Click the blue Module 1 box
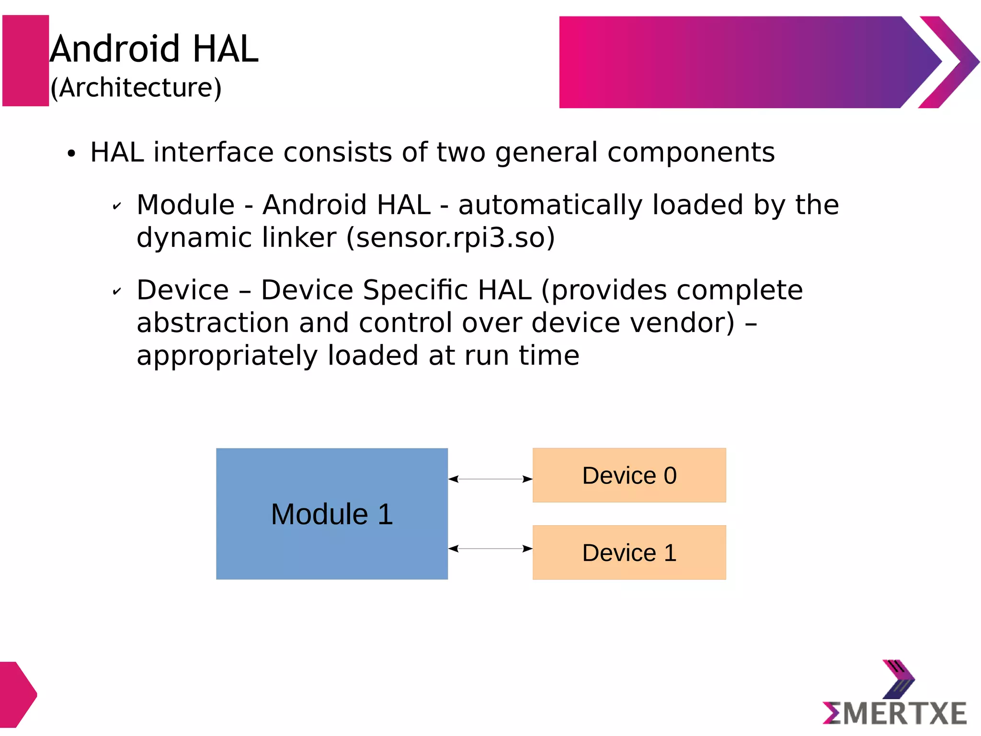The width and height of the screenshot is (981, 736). tap(331, 514)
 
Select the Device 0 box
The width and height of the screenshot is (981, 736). tap(629, 475)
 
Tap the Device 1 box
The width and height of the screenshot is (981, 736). tap(629, 552)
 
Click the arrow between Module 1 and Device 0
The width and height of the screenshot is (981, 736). tap(490, 479)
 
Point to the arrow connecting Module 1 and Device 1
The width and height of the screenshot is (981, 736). tap(490, 549)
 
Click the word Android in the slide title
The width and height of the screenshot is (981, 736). tap(115, 49)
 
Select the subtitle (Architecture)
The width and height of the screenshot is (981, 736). tap(136, 88)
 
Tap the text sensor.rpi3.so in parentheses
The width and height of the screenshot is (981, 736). tap(451, 238)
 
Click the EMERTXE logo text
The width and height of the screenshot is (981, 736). tap(895, 713)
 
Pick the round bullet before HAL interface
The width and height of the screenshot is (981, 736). tap(71, 154)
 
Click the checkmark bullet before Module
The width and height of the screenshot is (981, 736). tap(116, 207)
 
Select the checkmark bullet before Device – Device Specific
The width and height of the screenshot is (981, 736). tap(116, 291)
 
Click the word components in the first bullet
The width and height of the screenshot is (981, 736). tap(691, 153)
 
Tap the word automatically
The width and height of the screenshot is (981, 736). tap(550, 206)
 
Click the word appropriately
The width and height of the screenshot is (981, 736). tap(227, 356)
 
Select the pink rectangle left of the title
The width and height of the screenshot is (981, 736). tap(26, 60)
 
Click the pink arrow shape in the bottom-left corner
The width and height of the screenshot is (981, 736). tap(17, 694)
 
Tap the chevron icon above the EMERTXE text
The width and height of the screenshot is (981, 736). tap(898, 679)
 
